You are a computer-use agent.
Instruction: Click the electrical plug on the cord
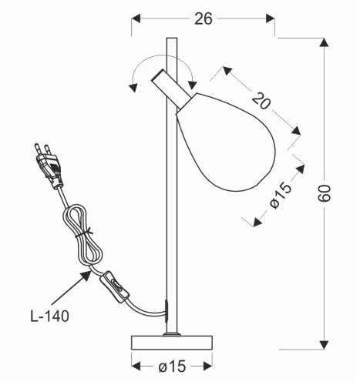[x=47, y=165]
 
